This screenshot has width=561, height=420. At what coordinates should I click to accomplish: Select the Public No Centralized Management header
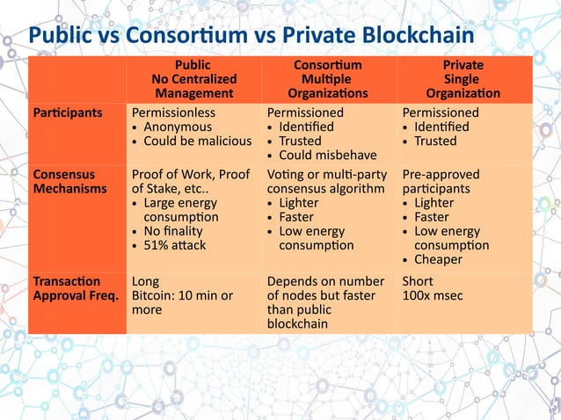193,79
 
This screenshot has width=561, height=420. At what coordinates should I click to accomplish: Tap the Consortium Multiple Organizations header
327,79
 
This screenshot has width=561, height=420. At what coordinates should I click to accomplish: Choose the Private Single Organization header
463,79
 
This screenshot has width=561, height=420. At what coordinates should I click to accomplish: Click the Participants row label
68,113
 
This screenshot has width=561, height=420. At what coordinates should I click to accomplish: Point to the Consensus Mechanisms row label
64,181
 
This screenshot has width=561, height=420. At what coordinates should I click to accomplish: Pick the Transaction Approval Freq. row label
76,288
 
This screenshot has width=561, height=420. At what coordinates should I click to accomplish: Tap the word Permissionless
173,113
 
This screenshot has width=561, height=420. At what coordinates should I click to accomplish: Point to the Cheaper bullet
442,260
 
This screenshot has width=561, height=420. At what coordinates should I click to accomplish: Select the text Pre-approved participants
440,182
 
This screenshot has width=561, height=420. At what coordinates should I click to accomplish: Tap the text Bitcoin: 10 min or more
182,303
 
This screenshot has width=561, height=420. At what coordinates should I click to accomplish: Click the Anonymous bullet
181,127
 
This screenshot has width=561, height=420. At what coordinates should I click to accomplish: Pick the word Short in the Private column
418,281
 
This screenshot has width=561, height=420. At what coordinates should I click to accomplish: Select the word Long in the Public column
145,281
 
